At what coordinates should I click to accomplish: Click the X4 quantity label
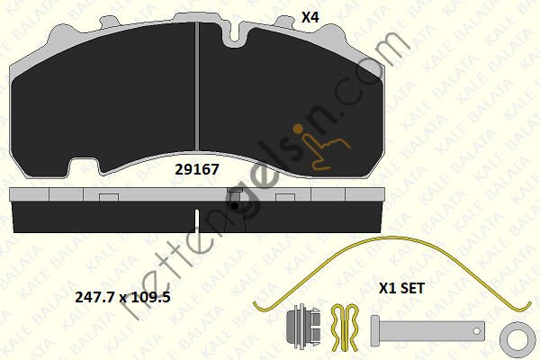pos(310,17)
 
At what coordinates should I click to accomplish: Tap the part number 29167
pos(197,169)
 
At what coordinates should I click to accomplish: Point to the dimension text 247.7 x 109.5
pos(122,297)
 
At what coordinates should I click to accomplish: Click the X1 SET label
pos(401,288)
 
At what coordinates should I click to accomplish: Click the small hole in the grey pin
pos(477,331)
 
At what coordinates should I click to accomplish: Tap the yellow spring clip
pos(345,328)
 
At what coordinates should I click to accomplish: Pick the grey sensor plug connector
pos(303,325)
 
